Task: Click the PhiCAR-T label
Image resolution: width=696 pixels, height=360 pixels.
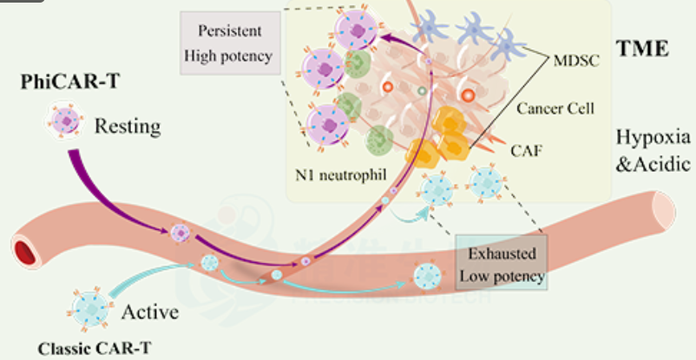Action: [69, 82]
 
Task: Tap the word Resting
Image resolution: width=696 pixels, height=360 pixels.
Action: [128, 127]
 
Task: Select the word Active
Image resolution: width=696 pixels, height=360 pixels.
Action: [150, 311]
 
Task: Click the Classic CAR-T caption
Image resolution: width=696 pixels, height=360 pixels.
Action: [94, 349]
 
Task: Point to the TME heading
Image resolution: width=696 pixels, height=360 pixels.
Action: [642, 49]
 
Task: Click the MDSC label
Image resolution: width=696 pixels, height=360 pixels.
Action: [576, 60]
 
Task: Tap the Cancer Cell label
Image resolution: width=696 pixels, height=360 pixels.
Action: [555, 108]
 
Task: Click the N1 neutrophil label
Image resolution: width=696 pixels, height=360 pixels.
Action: [341, 175]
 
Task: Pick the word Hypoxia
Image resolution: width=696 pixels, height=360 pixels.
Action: [653, 138]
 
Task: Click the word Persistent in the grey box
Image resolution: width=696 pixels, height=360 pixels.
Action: [230, 31]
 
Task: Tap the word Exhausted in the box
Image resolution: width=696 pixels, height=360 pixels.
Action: [502, 253]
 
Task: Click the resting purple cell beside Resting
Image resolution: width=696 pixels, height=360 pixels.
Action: [66, 121]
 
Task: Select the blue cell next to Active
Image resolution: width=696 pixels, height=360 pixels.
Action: [90, 309]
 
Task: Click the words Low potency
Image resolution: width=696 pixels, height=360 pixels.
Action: [502, 277]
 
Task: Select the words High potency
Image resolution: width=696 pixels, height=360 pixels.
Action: [228, 56]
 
